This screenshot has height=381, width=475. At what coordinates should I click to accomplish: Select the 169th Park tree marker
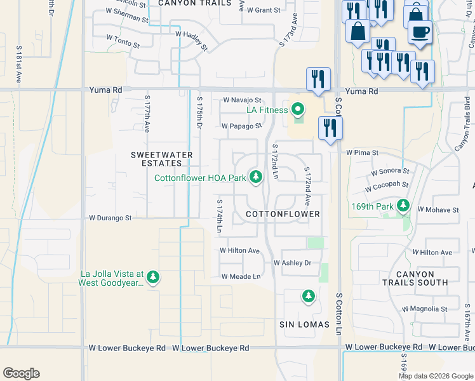[403, 206]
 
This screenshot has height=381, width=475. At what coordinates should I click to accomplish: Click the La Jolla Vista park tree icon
[153, 277]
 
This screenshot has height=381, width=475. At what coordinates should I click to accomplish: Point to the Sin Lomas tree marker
[308, 296]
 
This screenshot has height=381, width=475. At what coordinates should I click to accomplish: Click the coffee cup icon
[420, 32]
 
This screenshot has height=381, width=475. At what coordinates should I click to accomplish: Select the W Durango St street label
[110, 218]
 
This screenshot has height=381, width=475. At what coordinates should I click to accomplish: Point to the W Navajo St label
[241, 100]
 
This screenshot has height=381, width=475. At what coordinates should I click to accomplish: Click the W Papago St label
[241, 126]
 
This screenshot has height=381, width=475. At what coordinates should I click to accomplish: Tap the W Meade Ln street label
[241, 276]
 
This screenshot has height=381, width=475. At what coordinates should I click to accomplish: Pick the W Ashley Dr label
[292, 263]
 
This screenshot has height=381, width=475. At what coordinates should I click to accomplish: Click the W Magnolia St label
[426, 309]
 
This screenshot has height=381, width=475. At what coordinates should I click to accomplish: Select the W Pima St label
[362, 153]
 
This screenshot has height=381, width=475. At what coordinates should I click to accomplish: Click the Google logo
[21, 373]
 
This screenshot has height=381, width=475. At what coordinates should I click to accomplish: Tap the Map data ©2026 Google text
[435, 376]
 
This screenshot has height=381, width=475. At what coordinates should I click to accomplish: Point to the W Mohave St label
[438, 210]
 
